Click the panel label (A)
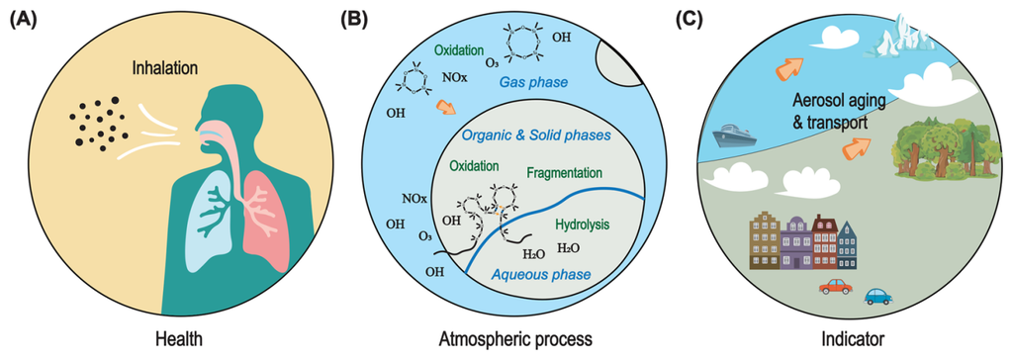pyautogui.click(x=21, y=18)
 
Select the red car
pyautogui.click(x=836, y=287)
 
